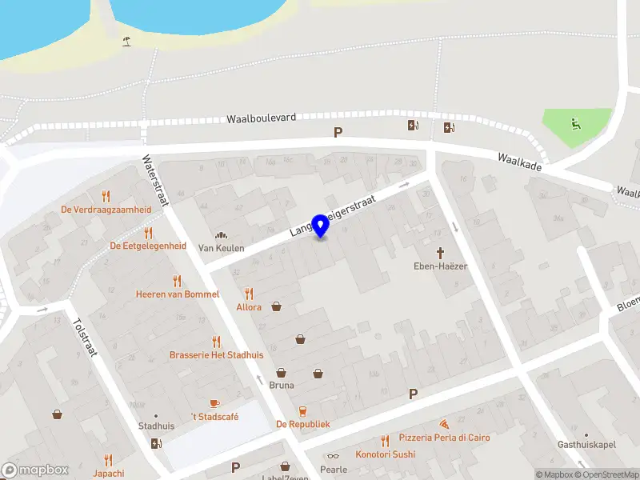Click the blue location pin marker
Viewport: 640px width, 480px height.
coord(321,226)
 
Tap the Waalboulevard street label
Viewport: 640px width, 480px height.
coord(261,118)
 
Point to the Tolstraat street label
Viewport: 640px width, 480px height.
coord(84,338)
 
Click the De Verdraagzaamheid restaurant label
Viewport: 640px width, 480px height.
coord(106,210)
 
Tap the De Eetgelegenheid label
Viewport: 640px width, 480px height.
coord(148,246)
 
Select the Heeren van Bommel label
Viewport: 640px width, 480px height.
coord(177,294)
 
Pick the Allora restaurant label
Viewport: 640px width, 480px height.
coord(249,306)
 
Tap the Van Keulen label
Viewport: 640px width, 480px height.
coord(221,248)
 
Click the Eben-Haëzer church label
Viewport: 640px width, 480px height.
coord(439,266)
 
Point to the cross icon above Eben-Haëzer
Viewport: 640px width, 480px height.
coord(439,252)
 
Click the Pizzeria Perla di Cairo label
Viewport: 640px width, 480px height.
coord(444,438)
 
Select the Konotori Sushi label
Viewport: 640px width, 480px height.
coord(386,454)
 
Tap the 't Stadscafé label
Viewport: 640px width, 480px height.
coord(214,417)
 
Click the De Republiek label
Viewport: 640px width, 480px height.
coord(302,424)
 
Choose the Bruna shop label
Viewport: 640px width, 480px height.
coord(281,385)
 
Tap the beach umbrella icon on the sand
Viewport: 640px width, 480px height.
coord(126,41)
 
